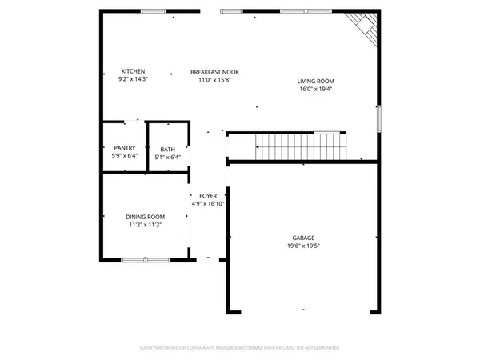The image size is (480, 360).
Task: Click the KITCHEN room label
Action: coord(132,71)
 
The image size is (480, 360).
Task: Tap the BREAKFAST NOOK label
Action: coord(214,72)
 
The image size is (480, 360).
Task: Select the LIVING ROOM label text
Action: coord(315,81)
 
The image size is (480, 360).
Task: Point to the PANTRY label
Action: coord(124,147)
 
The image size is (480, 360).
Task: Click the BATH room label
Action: coord(167,149)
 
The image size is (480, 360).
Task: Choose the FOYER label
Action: coord(208,195)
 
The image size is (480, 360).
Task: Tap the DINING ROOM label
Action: coord(145,217)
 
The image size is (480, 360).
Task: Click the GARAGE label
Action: coord(303,238)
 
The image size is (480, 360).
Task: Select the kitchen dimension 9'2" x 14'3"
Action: coord(132,79)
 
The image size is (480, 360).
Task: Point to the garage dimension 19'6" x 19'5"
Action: coord(303,246)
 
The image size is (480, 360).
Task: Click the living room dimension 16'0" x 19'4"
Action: coord(315,89)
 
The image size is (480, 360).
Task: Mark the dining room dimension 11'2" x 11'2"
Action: coord(145,225)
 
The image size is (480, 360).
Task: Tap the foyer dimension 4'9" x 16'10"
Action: coord(208,203)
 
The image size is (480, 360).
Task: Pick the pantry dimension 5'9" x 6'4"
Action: coord(124,156)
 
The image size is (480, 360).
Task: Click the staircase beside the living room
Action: coord(299,146)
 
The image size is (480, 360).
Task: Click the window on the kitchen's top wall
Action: coord(153,11)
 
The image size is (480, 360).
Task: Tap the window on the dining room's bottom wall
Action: coord(145,259)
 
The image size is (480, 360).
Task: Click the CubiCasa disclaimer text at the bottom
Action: coord(240,348)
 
